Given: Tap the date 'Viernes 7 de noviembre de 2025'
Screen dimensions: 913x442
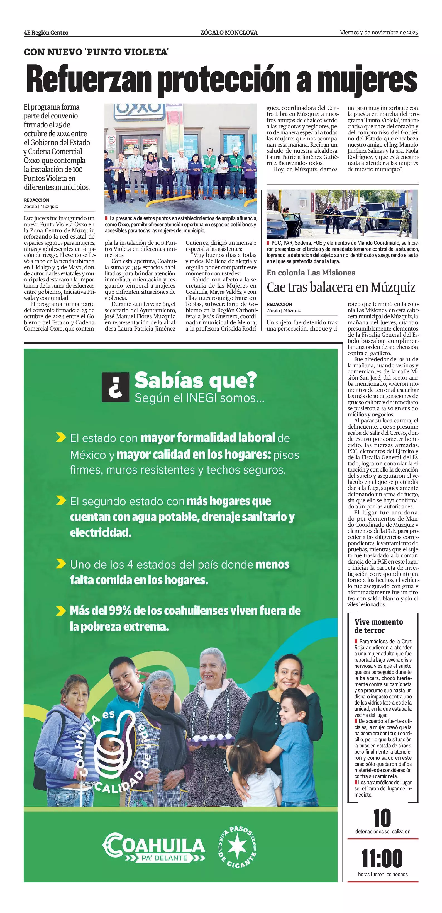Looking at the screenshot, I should [x=378, y=33].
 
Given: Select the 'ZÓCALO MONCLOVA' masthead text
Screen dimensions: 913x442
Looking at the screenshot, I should [x=229, y=33].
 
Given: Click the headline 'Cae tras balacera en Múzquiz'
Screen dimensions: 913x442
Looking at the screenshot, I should [x=341, y=287].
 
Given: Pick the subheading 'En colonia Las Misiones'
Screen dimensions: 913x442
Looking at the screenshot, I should [x=311, y=273].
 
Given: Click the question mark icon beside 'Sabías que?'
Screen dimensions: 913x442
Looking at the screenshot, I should [x=116, y=387].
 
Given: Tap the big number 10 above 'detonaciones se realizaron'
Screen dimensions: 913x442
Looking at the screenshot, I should [x=382, y=818].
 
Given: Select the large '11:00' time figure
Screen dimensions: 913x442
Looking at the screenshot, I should [x=382, y=858].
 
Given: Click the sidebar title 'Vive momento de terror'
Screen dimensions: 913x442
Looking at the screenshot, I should [x=378, y=626].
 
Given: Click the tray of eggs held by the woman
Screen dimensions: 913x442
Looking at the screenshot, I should [x=211, y=739].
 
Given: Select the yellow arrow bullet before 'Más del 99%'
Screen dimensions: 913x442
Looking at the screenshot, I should [x=61, y=611].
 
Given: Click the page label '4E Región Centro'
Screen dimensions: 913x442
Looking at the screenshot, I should [x=46, y=33].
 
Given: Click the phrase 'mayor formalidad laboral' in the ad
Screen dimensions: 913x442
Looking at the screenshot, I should [x=207, y=438].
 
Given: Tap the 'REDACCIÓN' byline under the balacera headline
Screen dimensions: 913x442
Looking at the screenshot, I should [x=279, y=304].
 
